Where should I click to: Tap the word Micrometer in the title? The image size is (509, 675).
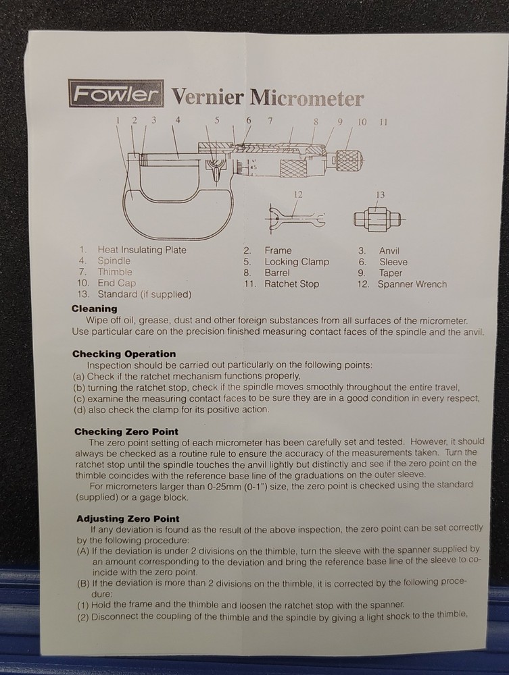(307, 98)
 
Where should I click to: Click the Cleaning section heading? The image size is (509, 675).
(94, 308)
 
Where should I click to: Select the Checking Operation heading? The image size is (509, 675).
(124, 354)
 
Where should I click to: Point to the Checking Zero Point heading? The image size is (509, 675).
(126, 431)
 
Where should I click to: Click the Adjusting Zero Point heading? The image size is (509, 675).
(128, 518)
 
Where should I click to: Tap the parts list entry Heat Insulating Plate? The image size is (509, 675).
(142, 250)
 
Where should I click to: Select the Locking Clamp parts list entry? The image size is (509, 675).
(297, 261)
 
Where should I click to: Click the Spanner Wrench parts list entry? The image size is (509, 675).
(412, 284)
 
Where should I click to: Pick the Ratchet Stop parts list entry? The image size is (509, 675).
(291, 284)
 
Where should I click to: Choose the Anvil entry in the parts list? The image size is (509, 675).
(389, 250)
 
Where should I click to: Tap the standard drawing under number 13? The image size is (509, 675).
(378, 219)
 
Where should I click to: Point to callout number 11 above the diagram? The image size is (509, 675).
(383, 122)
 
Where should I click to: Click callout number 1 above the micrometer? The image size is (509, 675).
(118, 120)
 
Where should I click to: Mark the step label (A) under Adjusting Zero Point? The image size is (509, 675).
(82, 550)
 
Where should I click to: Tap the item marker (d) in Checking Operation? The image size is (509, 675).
(79, 410)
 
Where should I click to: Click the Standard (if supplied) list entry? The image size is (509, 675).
(144, 294)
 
